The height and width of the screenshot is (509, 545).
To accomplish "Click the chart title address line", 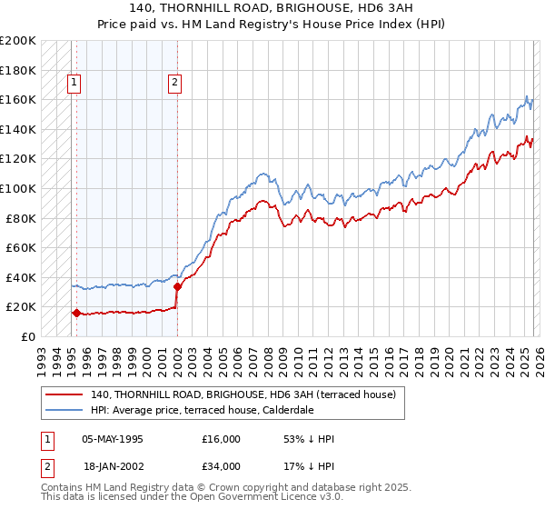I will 272,7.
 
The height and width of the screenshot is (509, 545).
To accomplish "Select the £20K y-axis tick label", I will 21,307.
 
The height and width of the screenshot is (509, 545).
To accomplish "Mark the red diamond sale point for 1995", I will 75,313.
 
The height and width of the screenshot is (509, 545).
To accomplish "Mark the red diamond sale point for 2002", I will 177,286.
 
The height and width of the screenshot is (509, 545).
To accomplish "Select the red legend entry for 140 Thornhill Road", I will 243,395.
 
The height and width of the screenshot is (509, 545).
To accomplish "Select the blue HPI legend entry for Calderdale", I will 201,410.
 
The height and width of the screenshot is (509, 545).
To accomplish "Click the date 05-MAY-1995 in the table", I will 112,439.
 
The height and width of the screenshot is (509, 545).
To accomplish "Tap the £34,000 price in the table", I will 222,465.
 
